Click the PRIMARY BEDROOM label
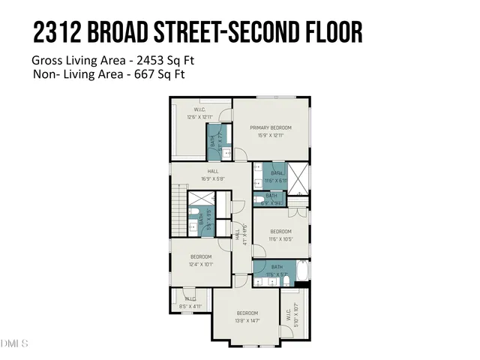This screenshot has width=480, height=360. (x=270, y=127)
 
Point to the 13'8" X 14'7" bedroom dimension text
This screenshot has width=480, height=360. (x=247, y=320)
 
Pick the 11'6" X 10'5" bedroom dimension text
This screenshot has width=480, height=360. (x=280, y=238)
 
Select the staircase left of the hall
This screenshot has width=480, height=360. (x=179, y=210)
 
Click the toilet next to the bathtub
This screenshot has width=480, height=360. (x=286, y=280)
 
